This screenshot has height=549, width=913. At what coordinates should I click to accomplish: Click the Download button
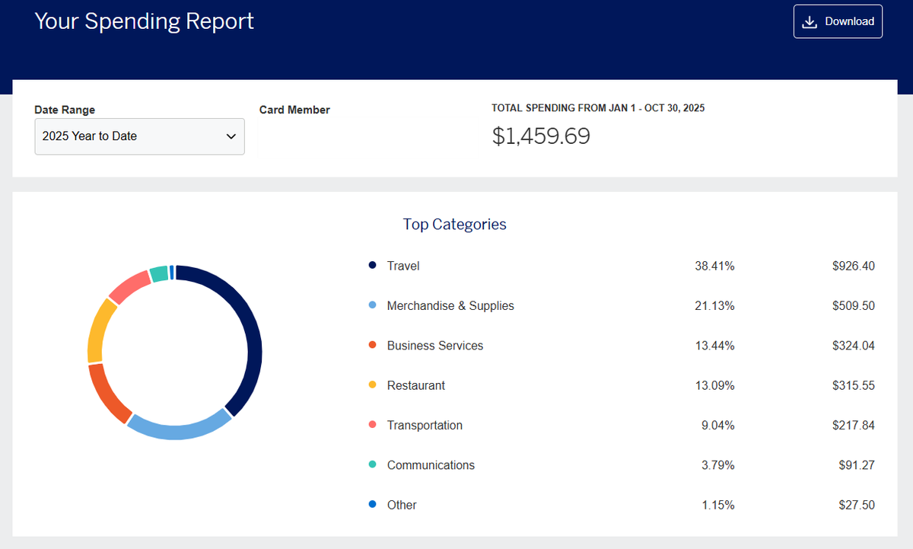point(838,21)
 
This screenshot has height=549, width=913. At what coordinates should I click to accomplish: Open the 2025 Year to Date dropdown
point(139,136)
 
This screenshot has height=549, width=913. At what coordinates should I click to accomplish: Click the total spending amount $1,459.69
point(540,136)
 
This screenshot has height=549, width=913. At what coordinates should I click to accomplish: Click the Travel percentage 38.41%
point(714,266)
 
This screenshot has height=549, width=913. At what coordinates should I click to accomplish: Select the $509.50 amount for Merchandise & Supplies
point(853,306)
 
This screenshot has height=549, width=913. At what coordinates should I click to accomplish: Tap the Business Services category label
point(434,346)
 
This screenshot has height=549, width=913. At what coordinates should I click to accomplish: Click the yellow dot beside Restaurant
point(372,385)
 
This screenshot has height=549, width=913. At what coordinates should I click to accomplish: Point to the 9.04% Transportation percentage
point(717,426)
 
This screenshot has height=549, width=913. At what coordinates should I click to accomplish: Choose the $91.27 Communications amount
point(856,465)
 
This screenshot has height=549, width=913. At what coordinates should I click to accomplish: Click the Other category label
point(401,505)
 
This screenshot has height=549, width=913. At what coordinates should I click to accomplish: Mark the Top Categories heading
point(454,224)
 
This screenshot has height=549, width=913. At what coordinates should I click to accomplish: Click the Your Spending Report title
point(144,21)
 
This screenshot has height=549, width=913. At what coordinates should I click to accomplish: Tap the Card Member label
point(294,110)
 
